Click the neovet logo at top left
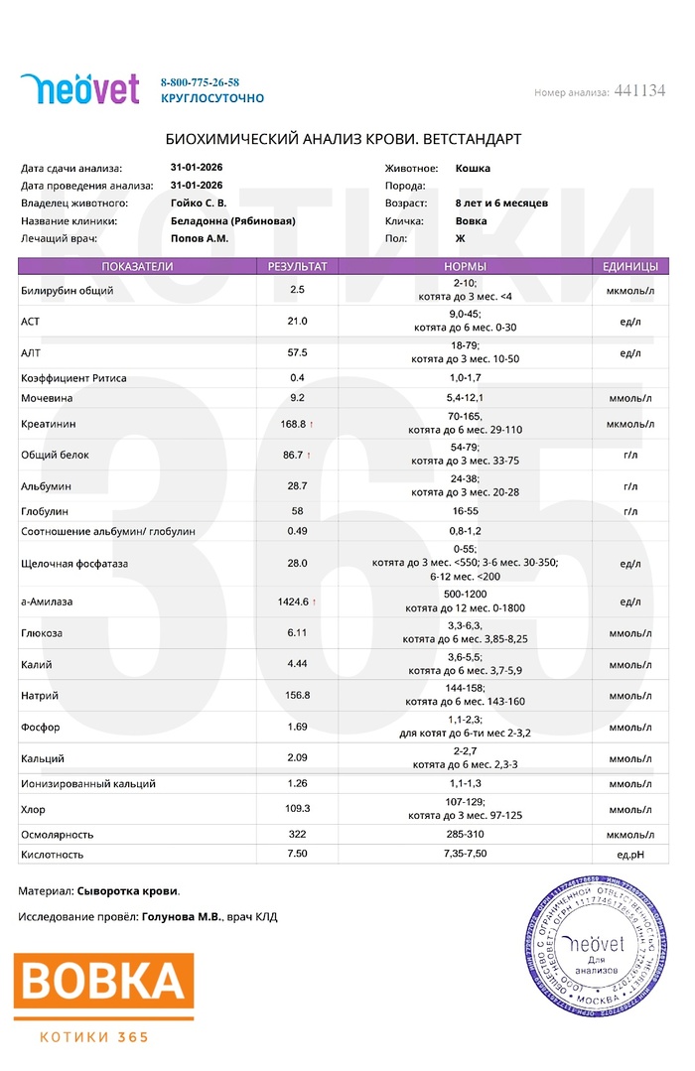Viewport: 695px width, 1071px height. click(79, 89)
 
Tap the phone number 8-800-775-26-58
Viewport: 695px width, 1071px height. click(200, 82)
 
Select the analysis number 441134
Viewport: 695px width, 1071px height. click(639, 91)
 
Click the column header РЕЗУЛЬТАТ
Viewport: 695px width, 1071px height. click(298, 267)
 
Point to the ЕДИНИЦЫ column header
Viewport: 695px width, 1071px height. click(629, 267)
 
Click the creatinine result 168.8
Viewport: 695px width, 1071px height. click(296, 424)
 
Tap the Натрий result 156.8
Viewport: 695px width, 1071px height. click(297, 695)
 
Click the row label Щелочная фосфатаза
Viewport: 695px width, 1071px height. click(74, 563)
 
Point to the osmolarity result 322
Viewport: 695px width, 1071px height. click(297, 835)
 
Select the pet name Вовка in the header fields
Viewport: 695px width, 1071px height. click(471, 221)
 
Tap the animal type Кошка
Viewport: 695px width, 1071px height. click(473, 169)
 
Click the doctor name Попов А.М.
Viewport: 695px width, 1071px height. click(200, 239)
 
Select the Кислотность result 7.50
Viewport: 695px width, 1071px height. click(297, 854)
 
